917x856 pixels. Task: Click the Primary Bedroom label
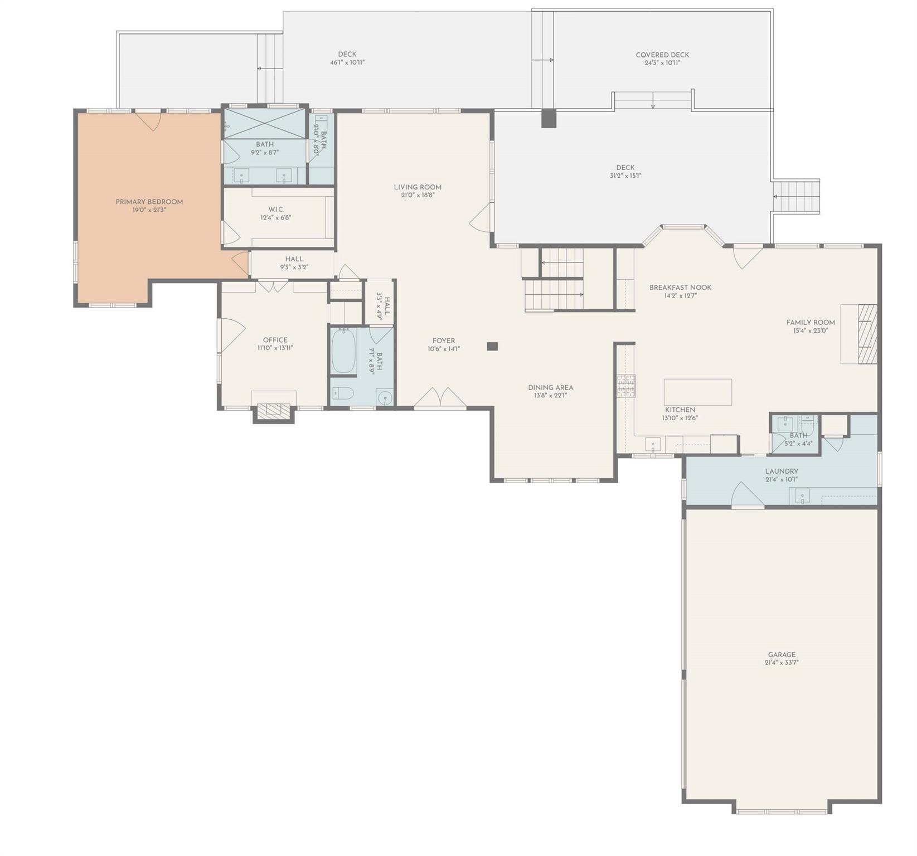coord(149,202)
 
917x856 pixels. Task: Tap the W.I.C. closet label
coord(276,210)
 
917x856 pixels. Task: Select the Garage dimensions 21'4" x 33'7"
coord(782,663)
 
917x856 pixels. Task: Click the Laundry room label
coord(782,471)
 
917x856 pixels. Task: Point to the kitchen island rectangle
coord(697,392)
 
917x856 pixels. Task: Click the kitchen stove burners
coord(625,386)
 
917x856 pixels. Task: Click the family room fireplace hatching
coord(867,334)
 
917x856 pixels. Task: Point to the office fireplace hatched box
coord(273,411)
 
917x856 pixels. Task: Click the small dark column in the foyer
coord(492,346)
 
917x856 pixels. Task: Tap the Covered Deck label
coord(662,55)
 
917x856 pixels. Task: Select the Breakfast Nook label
coord(680,288)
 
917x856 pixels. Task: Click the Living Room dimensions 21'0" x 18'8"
coord(418,196)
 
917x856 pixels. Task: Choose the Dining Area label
coord(551,387)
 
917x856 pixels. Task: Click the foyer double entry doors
coord(440,397)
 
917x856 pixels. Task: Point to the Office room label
coord(275,340)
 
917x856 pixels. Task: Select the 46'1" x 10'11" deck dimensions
coord(347,63)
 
